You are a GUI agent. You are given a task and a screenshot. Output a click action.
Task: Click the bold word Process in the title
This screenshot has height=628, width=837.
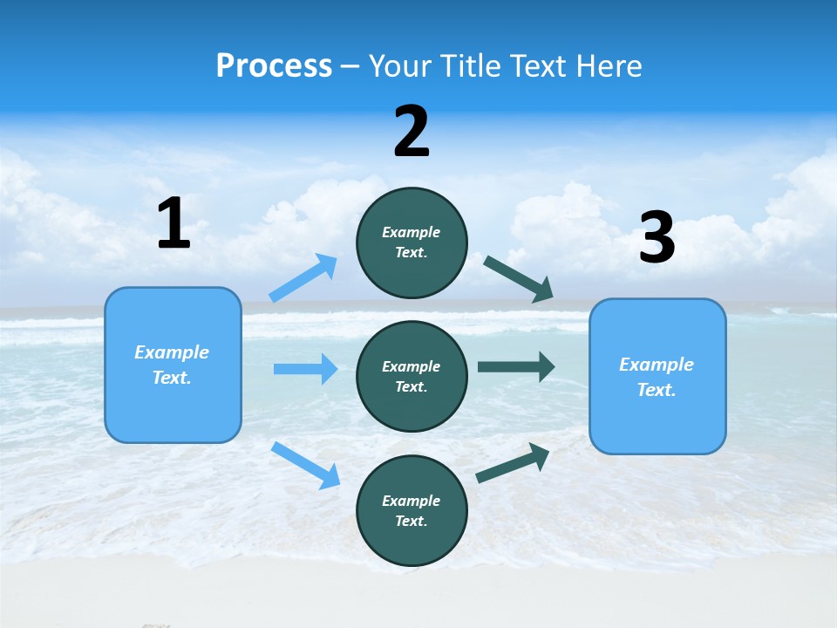274,66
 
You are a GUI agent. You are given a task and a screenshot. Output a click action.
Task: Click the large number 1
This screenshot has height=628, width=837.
174,224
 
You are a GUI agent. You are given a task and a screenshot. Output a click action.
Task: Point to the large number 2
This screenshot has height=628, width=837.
412,132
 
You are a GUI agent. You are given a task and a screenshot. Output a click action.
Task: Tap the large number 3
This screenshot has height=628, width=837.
657,238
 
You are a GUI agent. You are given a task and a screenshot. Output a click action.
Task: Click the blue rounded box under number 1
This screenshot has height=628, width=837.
173,365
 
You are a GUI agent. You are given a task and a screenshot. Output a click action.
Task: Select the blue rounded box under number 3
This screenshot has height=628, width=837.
657,377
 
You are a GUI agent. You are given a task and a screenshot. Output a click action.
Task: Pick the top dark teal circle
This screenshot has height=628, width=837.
412,242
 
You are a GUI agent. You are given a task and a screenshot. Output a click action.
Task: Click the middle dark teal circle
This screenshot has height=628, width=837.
412,376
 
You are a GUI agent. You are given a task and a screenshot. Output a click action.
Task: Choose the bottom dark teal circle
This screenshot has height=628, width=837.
412,510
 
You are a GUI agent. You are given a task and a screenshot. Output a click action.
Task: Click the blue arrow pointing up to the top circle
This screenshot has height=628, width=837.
303,278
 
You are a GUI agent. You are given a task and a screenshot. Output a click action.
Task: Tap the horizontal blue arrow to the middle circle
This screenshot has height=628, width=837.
305,369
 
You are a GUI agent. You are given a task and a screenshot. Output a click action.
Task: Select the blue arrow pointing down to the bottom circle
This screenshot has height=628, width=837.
305,465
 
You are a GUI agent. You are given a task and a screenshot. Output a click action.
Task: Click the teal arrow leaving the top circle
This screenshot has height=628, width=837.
518,279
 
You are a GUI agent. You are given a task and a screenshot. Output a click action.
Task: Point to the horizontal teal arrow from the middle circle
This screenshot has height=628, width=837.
516,367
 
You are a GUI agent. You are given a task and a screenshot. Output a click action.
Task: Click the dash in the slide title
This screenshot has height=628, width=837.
350,66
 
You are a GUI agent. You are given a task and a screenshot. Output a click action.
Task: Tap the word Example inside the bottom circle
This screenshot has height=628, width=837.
412,501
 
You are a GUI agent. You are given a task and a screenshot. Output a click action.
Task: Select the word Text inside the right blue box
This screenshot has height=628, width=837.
656,390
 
